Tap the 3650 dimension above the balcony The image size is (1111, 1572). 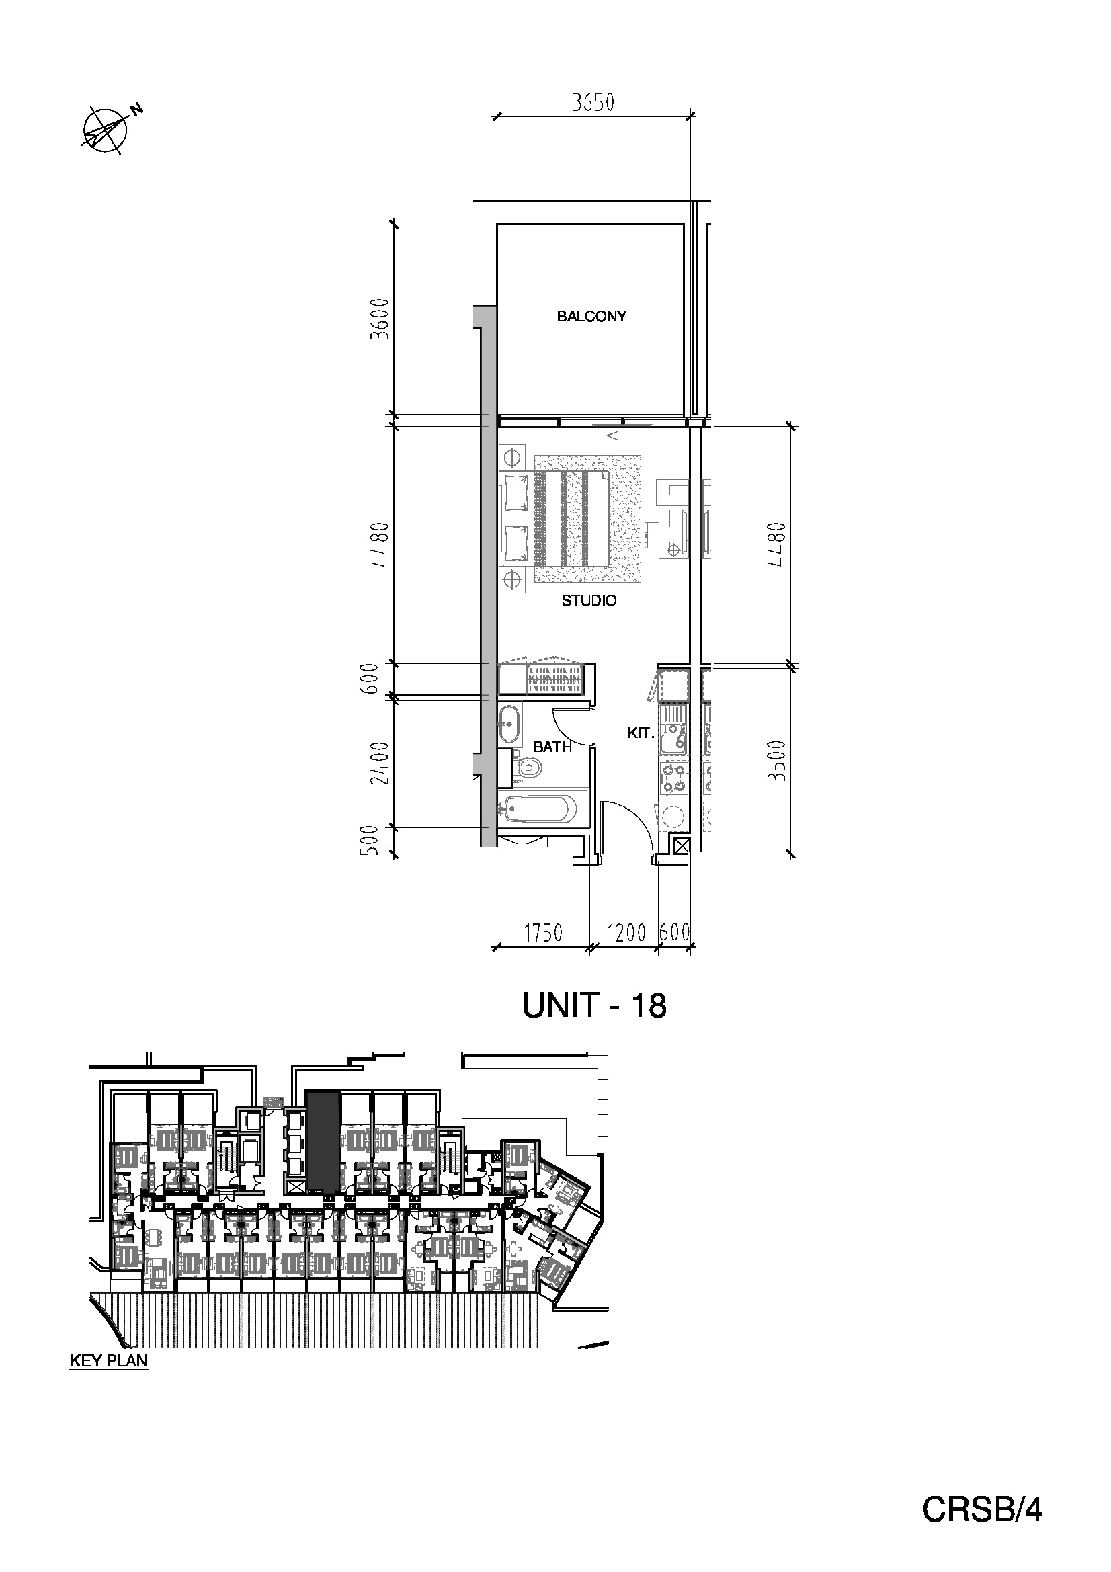tap(593, 103)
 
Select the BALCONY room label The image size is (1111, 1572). tap(591, 317)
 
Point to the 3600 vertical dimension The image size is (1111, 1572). tap(378, 319)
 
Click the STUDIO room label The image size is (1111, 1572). tap(589, 600)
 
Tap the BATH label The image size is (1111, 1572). tap(552, 747)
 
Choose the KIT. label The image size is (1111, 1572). tap(641, 733)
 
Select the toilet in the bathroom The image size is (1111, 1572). tap(528, 766)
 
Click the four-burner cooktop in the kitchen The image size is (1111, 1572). tap(673, 778)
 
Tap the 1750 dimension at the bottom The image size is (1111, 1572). tap(543, 933)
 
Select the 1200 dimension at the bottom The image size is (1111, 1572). tap(626, 933)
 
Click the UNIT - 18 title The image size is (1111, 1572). tap(594, 1006)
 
